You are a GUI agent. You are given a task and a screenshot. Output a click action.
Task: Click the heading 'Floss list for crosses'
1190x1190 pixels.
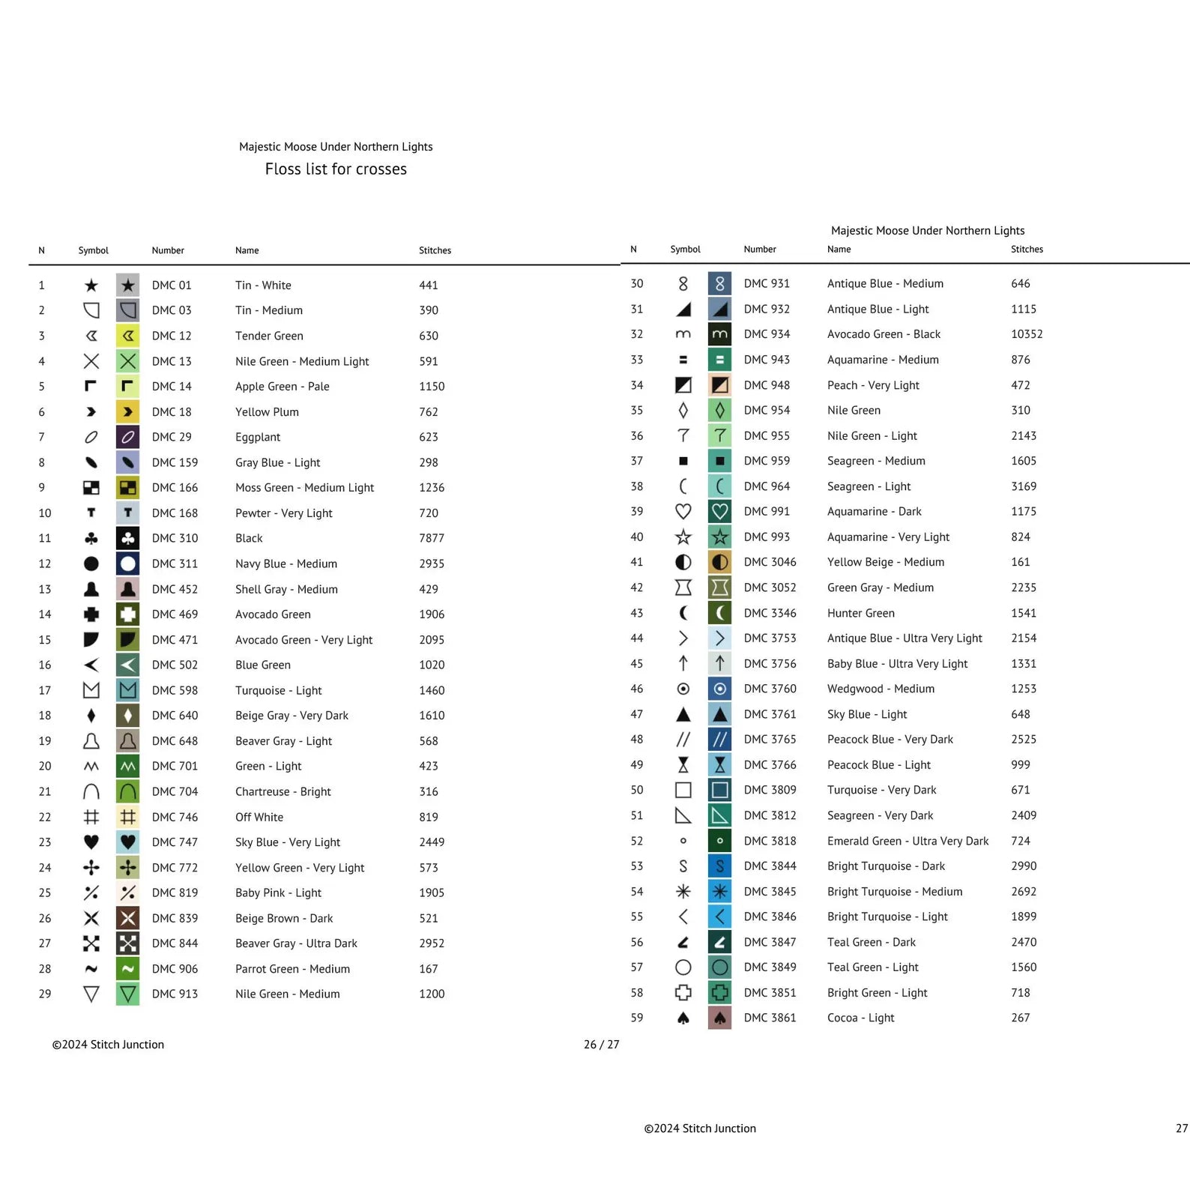coord(336,169)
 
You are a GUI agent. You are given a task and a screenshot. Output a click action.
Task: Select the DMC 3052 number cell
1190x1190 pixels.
coord(770,588)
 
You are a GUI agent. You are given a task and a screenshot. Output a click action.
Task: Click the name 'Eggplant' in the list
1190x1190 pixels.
coord(258,437)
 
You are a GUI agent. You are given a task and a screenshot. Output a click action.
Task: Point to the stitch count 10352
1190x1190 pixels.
coord(1027,334)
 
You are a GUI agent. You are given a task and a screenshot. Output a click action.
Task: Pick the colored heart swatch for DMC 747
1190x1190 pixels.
coord(128,842)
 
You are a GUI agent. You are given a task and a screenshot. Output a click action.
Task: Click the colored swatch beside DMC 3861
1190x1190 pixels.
coord(719,1018)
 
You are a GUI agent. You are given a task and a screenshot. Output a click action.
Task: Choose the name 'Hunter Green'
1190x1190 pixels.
coord(860,613)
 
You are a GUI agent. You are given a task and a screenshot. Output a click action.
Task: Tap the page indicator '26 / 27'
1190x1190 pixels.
coord(601,1045)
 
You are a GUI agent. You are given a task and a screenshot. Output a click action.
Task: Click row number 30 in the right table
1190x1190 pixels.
coord(637,283)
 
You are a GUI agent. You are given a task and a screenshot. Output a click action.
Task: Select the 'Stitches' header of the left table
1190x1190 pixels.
coord(435,250)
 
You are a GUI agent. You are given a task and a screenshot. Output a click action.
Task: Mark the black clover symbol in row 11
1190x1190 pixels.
coord(91,538)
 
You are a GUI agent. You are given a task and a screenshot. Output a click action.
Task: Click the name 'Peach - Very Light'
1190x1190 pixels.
coord(873,385)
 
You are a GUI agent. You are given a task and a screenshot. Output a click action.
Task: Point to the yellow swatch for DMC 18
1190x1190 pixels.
coord(128,411)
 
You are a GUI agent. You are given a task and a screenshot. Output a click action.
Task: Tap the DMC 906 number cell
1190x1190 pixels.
coord(175,969)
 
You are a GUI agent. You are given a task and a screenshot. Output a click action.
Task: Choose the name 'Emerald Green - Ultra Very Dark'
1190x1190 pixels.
coord(907,841)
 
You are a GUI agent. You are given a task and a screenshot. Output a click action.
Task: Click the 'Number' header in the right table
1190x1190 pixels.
coord(760,250)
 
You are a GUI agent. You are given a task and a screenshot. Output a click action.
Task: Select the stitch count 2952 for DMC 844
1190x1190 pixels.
coord(432,943)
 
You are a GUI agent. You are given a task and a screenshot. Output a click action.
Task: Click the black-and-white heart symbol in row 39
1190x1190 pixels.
coord(683,511)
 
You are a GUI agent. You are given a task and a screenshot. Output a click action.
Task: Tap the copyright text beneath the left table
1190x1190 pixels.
coord(108,1045)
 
